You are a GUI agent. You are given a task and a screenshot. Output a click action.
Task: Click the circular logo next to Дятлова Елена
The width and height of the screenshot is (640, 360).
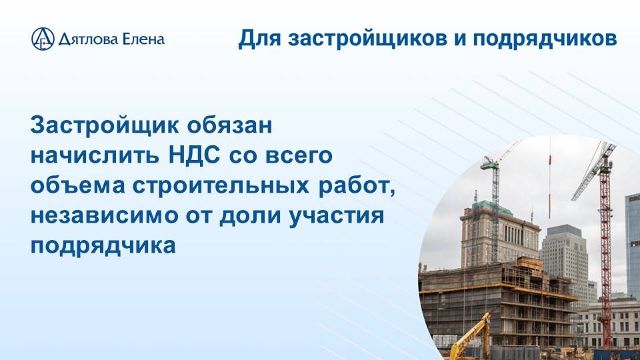42,39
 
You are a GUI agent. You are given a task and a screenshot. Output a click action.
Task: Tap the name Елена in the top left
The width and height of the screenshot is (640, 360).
143,39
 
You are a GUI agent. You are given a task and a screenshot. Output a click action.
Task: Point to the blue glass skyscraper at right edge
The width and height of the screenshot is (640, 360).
632,240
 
